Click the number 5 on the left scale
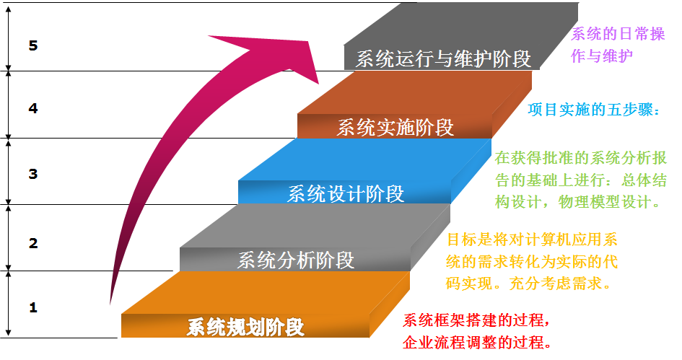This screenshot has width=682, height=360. (32, 45)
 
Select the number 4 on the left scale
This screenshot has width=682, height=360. (32, 109)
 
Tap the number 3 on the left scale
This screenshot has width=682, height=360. (32, 174)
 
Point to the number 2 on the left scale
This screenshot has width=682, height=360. (32, 243)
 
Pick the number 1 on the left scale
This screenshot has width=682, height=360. (32, 307)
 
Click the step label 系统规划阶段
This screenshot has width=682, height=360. (245, 327)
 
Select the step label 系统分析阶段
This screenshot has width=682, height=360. (296, 260)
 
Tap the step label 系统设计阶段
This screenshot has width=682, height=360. (346, 193)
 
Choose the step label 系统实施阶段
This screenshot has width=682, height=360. (395, 128)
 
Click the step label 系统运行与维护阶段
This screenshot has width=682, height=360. (443, 58)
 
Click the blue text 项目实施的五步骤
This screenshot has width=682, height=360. (594, 110)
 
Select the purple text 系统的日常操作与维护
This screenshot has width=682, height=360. (618, 45)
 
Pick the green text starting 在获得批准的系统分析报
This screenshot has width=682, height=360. (580, 180)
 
